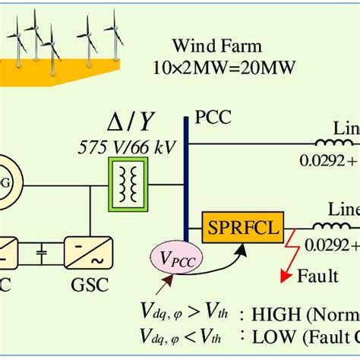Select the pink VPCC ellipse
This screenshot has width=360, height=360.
(x=177, y=258)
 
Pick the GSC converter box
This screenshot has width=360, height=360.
(x=89, y=253)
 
